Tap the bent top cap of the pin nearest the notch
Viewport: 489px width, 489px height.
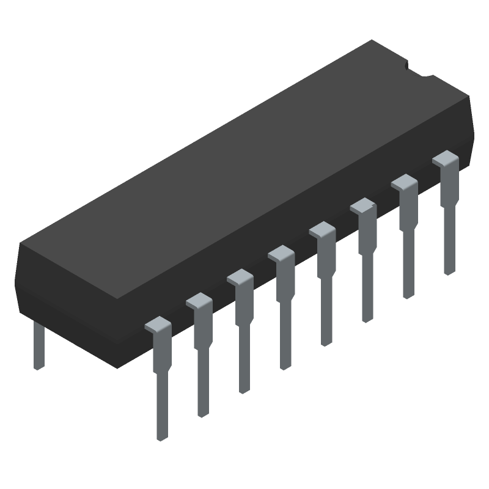tap(446, 159)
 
